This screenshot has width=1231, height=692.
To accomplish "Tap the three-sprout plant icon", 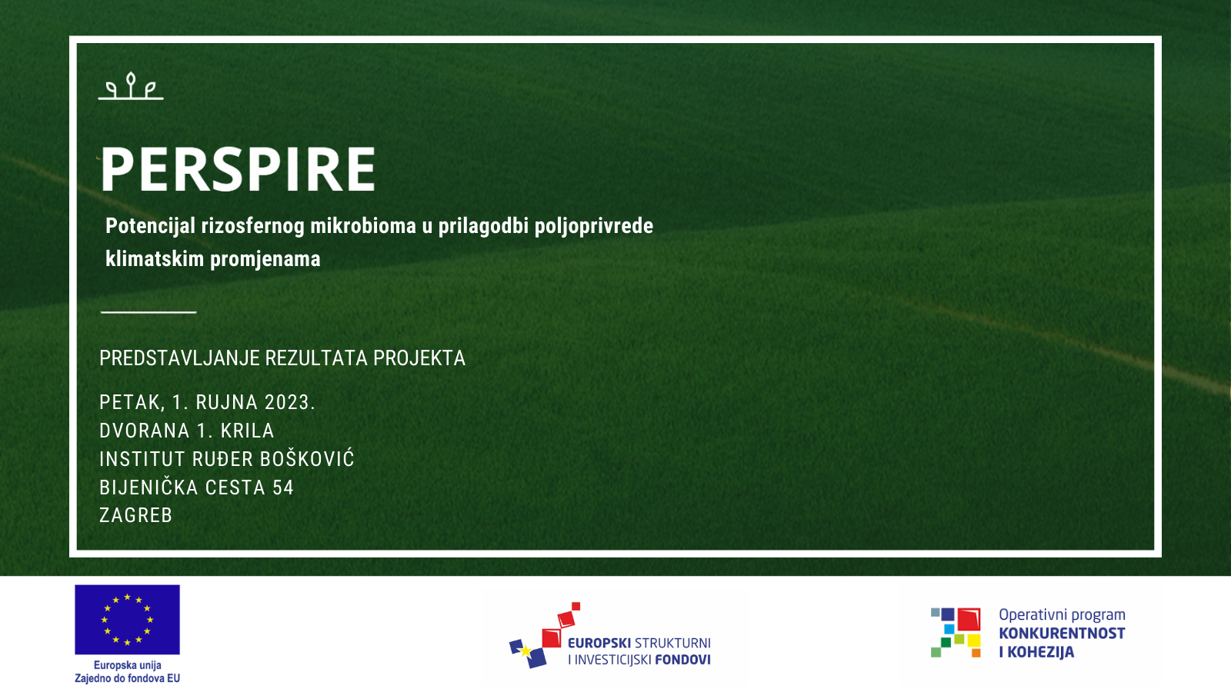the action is click(131, 86).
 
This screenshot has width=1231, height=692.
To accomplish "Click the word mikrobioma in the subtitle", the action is click(363, 226).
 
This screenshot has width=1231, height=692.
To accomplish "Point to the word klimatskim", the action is click(155, 258).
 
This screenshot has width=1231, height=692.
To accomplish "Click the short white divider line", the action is click(148, 312).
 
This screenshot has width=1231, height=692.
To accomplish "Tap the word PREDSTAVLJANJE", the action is click(179, 358).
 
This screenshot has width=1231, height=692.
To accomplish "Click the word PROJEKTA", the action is click(419, 358).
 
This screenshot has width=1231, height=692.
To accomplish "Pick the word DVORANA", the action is click(145, 431).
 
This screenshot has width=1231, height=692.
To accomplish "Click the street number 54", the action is click(284, 487).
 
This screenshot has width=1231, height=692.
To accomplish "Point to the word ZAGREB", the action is click(135, 516).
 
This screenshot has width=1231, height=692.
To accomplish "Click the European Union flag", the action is click(128, 620).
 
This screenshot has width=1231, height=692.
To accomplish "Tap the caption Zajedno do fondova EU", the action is click(128, 679).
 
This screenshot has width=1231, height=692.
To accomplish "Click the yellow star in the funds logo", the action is click(525, 650).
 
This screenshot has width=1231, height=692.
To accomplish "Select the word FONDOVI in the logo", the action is click(683, 660).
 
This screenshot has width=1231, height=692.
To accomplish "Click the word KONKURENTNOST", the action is click(1062, 634).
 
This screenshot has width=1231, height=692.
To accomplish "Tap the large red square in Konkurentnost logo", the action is click(969, 620).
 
